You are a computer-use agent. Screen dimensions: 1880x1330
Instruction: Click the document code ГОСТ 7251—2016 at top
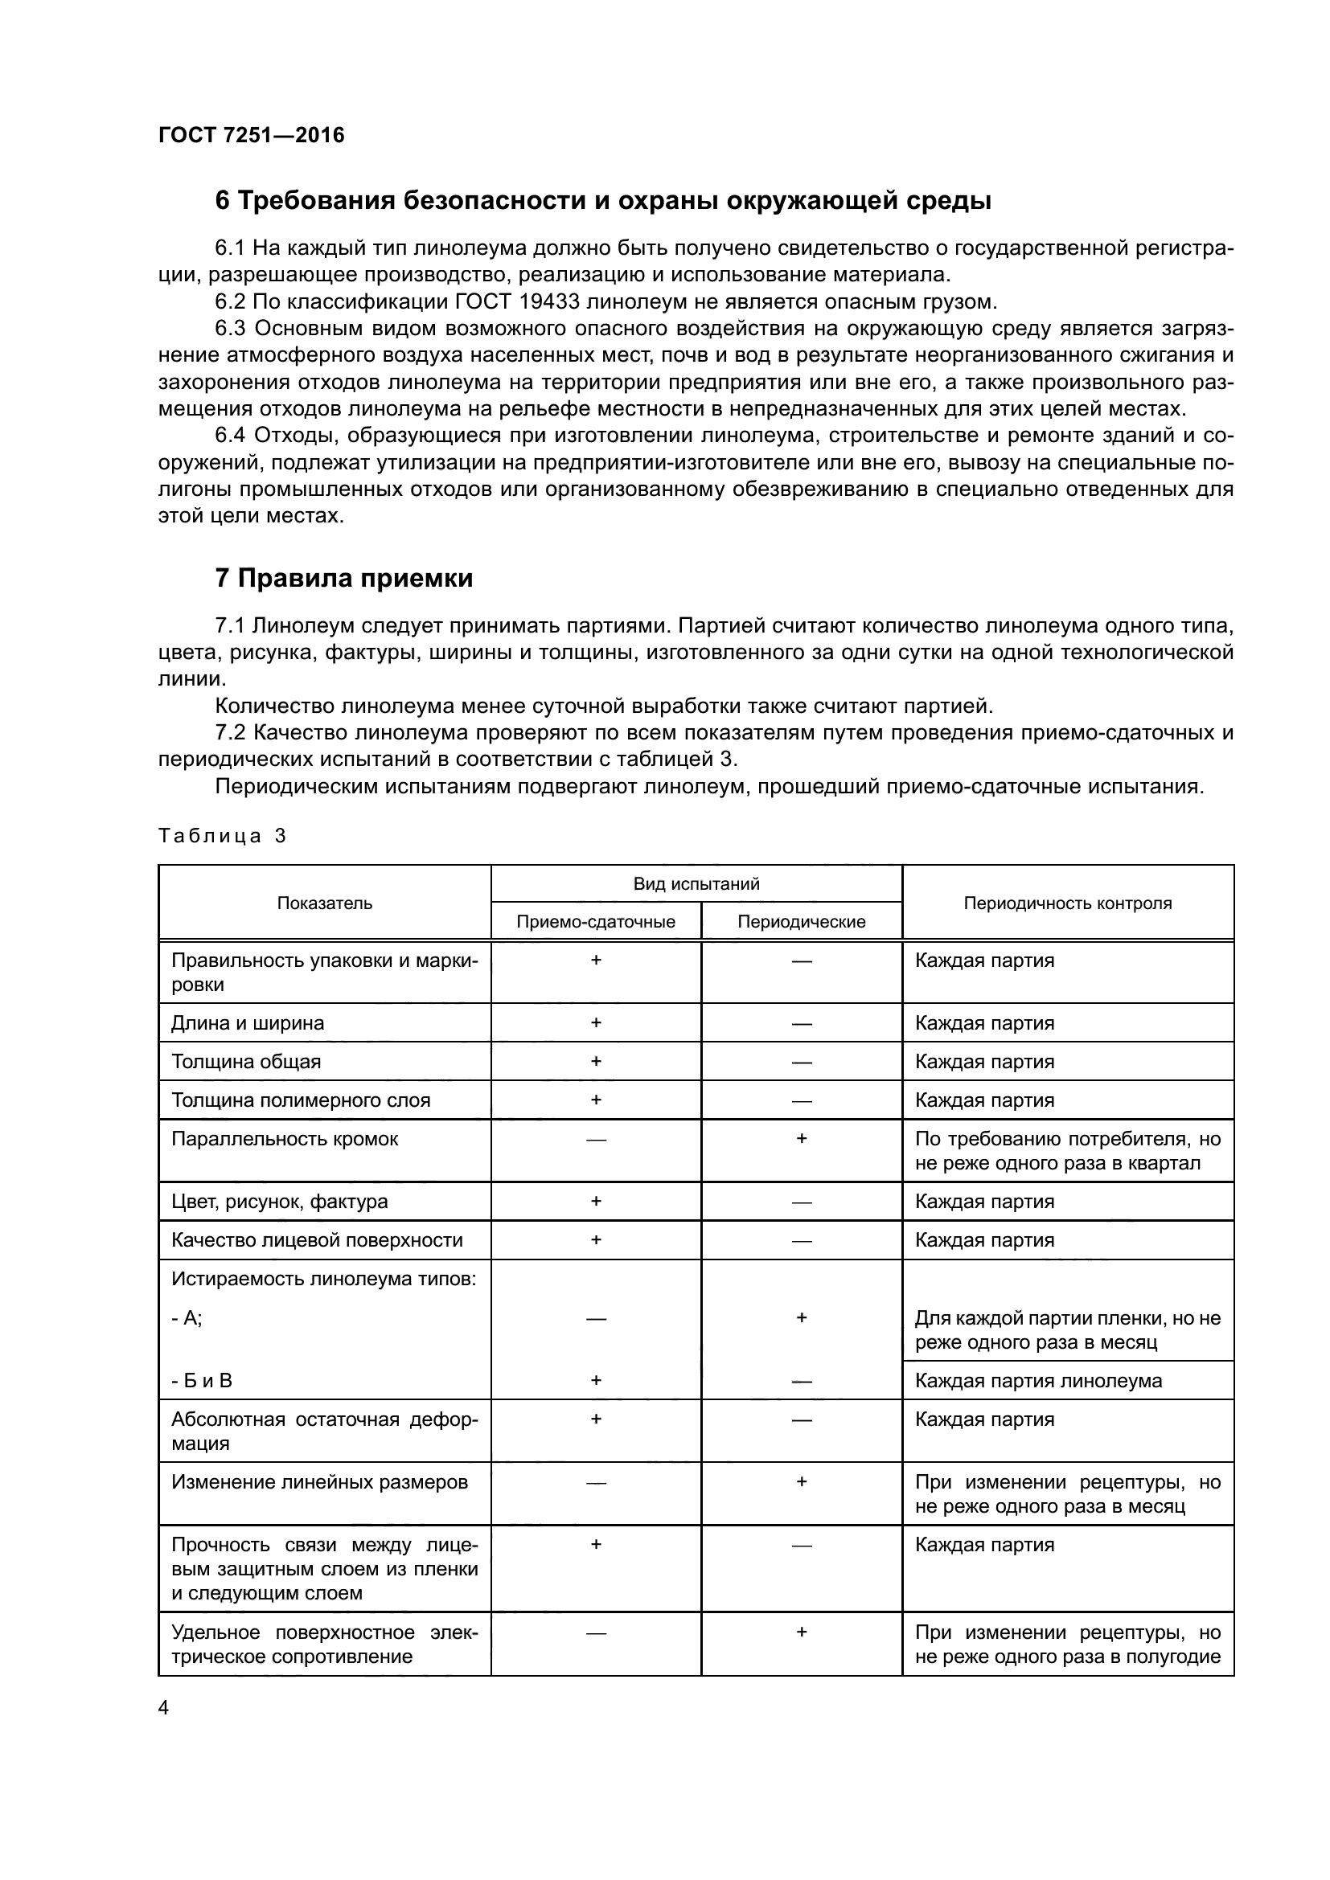click(x=252, y=135)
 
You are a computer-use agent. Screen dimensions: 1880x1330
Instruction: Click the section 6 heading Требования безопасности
click(x=603, y=201)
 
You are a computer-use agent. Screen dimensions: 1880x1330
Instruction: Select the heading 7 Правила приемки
click(x=344, y=578)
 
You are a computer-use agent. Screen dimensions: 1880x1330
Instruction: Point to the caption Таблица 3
click(x=222, y=836)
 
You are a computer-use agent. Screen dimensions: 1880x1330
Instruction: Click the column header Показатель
click(x=324, y=903)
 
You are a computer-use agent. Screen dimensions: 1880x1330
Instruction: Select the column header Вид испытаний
click(x=696, y=884)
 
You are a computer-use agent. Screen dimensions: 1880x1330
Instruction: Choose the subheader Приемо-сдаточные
click(x=595, y=922)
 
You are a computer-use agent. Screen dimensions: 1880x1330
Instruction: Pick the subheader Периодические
click(x=801, y=922)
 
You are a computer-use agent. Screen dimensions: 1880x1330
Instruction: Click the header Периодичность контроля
click(x=1067, y=903)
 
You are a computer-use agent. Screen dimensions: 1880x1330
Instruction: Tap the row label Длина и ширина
click(x=248, y=1023)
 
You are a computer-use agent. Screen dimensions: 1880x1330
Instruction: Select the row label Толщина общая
click(x=246, y=1062)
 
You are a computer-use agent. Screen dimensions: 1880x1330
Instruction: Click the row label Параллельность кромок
click(x=284, y=1139)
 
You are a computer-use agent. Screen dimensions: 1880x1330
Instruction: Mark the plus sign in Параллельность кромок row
click(x=801, y=1139)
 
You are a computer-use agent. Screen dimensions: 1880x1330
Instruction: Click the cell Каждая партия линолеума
click(x=1037, y=1381)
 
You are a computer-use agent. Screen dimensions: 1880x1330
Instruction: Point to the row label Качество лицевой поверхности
click(x=317, y=1240)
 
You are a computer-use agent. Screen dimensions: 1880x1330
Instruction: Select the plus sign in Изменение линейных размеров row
click(x=801, y=1481)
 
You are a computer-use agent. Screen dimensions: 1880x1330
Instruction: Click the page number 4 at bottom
click(x=163, y=1708)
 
